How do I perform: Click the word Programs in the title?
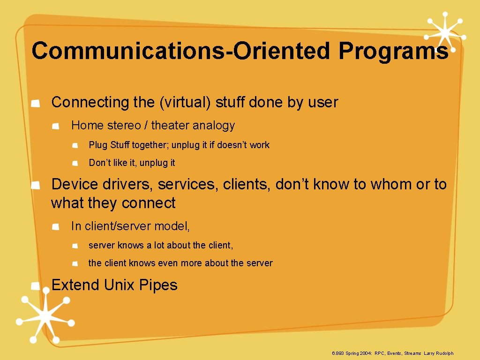393,51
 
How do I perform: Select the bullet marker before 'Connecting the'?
35,103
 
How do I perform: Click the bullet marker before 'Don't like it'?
76,163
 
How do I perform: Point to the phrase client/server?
118,226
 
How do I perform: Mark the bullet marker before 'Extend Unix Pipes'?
35,286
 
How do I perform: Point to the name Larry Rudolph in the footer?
439,353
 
